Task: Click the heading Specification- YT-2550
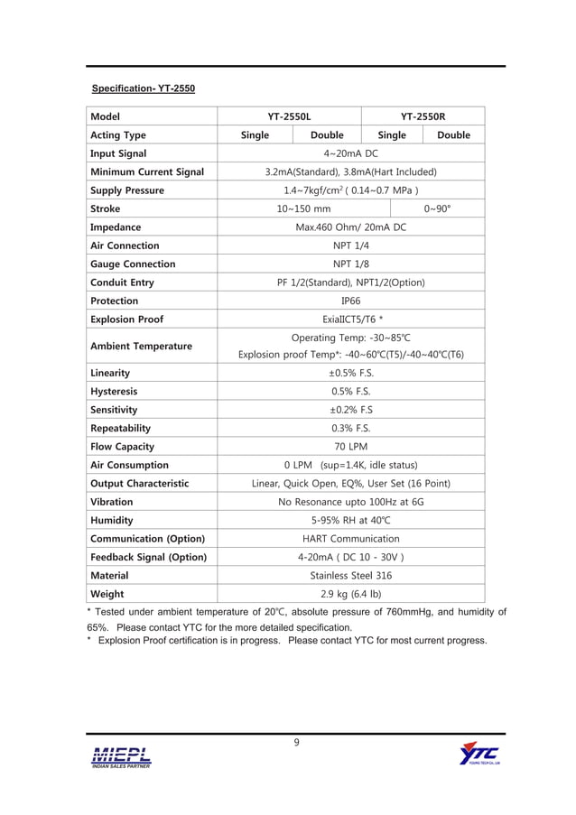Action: click(144, 89)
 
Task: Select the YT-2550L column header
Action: click(289, 116)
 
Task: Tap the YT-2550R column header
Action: click(423, 116)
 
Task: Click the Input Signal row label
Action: click(118, 153)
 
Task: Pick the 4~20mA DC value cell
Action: click(350, 153)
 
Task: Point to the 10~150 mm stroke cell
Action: click(310, 208)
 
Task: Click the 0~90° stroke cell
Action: click(438, 208)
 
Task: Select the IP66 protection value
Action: click(350, 301)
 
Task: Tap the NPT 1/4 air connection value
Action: click(350, 245)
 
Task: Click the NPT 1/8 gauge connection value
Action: click(350, 264)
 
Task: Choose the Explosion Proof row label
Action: click(125, 320)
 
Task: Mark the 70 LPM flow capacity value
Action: click(350, 447)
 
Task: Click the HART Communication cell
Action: click(350, 539)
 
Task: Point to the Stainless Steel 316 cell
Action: click(350, 575)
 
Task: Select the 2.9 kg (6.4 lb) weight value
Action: click(350, 594)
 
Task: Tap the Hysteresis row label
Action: click(114, 392)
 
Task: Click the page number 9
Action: click(295, 743)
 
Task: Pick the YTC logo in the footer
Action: click(478, 754)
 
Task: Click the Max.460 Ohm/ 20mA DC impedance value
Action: click(350, 227)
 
